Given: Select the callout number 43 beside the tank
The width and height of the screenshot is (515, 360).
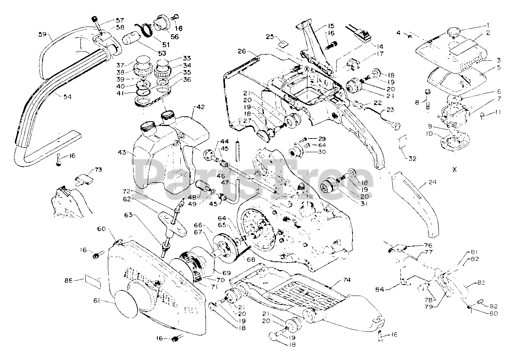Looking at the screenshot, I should pos(123,153).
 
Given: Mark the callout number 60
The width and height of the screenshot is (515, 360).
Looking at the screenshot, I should pos(101,229).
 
